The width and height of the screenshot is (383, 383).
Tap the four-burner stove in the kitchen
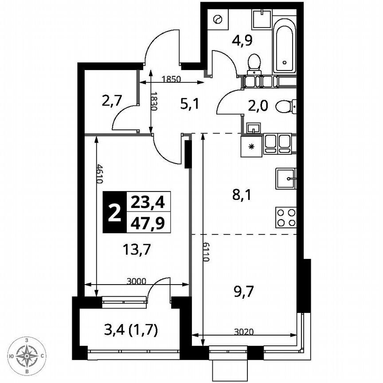click(286, 218)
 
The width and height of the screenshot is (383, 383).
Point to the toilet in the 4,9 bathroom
click(254, 62)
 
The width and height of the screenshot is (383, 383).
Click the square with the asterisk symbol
click(251, 146)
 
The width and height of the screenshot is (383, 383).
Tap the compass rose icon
click(27, 355)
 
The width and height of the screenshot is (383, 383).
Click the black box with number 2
click(114, 212)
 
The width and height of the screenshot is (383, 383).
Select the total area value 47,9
click(148, 223)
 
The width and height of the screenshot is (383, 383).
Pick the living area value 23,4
click(148, 203)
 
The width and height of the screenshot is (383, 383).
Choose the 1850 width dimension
click(171, 80)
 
